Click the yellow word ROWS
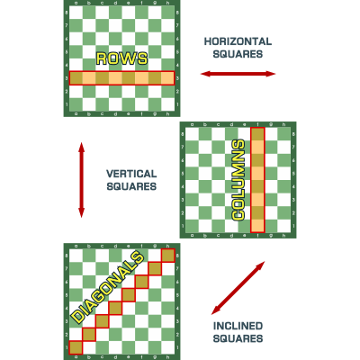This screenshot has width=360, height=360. click(121, 58)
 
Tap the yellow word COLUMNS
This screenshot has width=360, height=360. click(238, 180)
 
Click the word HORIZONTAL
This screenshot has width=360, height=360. click(238, 41)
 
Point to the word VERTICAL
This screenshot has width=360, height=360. click(131, 174)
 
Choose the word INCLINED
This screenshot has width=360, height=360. click(238, 326)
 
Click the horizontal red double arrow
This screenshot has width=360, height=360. click(238, 74)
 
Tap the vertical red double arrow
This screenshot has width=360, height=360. click(81, 180)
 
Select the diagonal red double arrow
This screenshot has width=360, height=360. click(238, 288)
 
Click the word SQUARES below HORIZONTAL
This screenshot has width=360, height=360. click(238, 54)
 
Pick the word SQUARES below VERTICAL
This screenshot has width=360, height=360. click(131, 186)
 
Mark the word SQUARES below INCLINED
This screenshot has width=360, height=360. click(238, 338)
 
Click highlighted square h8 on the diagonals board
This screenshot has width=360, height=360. click(168, 256)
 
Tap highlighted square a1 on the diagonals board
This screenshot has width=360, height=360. click(76, 348)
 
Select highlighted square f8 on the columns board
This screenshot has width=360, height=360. click(257, 134)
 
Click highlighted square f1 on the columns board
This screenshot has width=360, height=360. click(257, 226)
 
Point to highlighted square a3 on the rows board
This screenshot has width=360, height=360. click(76, 78)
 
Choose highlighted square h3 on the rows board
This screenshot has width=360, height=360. click(168, 78)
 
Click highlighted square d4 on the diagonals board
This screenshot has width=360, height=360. click(115, 309)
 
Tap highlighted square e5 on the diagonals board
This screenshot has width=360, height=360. click(129, 295)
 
